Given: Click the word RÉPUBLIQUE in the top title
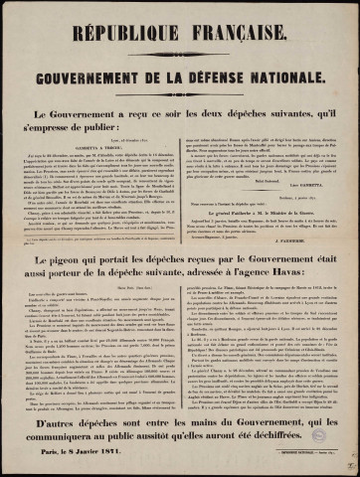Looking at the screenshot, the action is click(135, 21).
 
